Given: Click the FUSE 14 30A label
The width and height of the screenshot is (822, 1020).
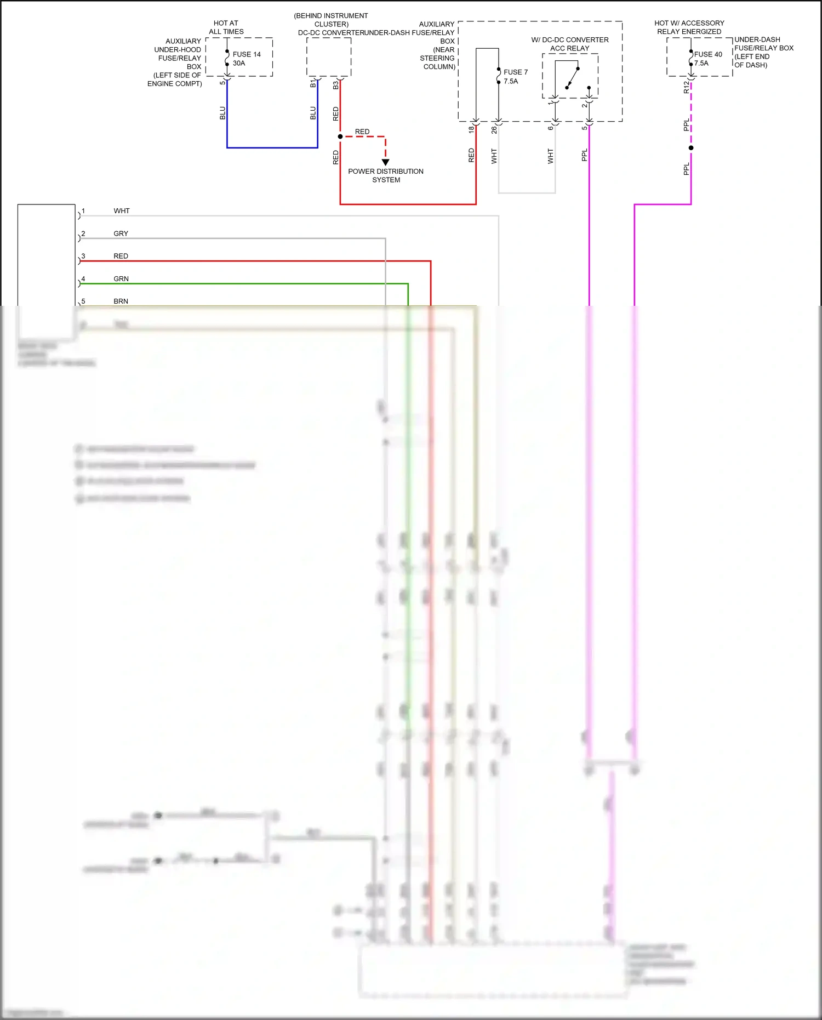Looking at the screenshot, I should click(246, 59).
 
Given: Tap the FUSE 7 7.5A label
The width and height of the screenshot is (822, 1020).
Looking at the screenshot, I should click(515, 77).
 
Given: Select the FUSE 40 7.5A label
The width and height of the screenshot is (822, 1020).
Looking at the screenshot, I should click(707, 59).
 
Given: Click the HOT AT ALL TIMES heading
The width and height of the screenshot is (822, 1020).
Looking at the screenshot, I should click(226, 27).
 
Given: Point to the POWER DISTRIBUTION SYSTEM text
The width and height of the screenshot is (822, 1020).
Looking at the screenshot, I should click(386, 175).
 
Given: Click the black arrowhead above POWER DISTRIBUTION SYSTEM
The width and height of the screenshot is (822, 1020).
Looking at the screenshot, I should click(386, 162).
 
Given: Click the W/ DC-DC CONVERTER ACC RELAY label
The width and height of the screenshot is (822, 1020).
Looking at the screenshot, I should click(570, 44).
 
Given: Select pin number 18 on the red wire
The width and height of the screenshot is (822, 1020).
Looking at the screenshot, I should click(471, 130).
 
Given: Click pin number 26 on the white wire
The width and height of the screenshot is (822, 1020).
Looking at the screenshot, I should click(494, 130).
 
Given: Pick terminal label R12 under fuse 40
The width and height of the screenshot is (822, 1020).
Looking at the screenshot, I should click(686, 87).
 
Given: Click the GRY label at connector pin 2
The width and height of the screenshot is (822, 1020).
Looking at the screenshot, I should click(121, 233).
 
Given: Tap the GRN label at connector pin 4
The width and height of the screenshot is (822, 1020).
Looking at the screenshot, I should click(121, 279).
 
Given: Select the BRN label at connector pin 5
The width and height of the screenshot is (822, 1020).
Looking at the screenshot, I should click(121, 301).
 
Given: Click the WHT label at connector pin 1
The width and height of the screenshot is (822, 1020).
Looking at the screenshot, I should click(122, 211).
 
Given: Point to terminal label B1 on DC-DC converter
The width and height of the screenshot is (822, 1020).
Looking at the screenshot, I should click(313, 84).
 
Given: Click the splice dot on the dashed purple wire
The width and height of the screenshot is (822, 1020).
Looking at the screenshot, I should click(691, 148).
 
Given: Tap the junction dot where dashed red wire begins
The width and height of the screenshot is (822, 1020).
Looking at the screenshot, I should click(340, 136).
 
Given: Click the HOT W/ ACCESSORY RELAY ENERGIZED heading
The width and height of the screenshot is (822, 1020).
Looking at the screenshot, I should click(689, 27).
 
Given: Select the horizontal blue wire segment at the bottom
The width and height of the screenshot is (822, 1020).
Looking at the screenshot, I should click(272, 147).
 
